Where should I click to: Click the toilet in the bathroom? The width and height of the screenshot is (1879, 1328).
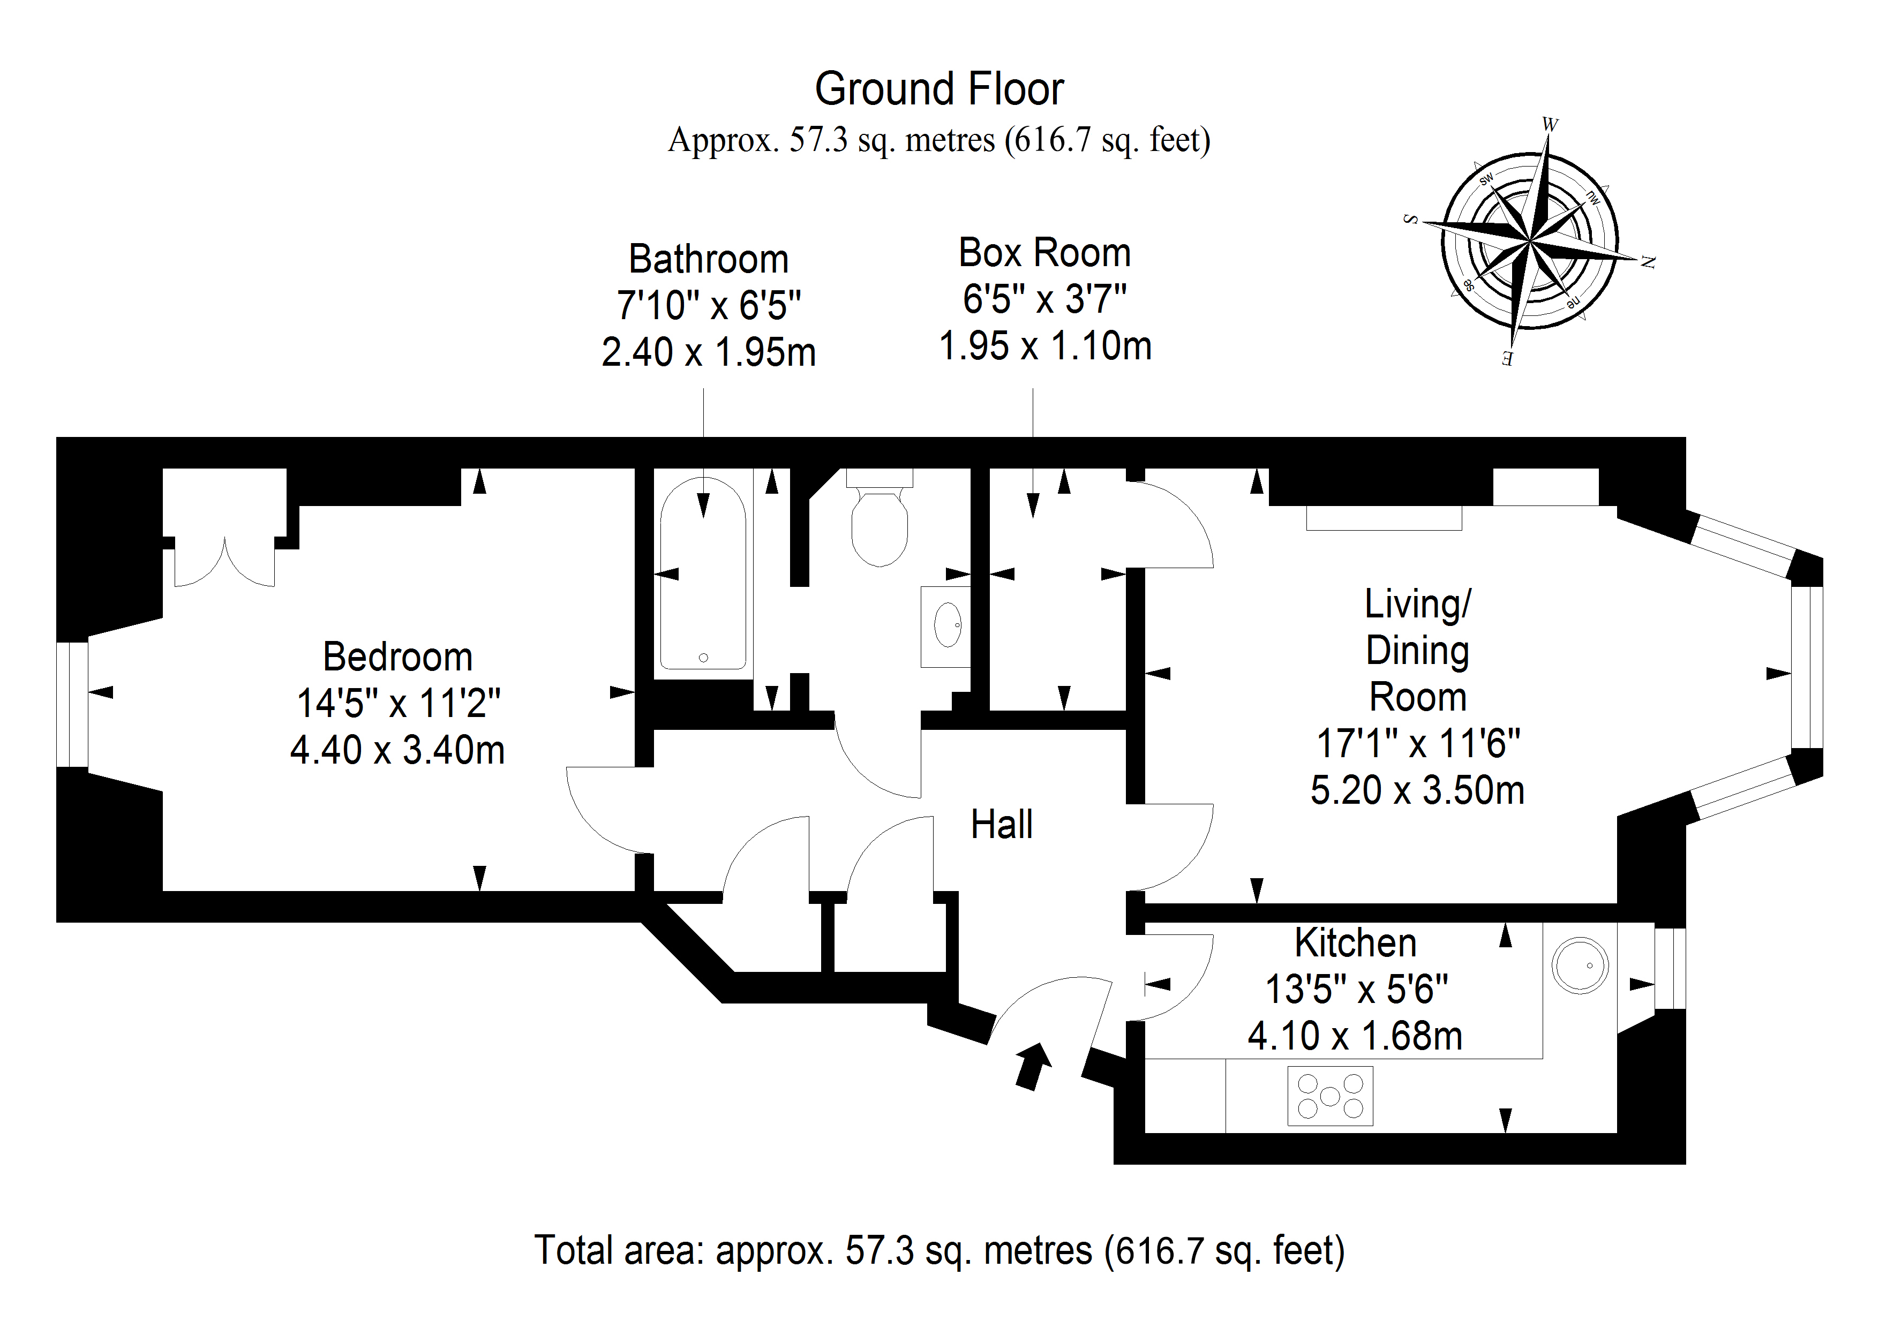[880, 524]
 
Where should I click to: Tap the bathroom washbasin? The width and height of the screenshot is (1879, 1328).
[947, 626]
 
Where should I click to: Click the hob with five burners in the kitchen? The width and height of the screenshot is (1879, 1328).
[1330, 1096]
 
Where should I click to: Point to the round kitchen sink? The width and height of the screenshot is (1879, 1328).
[1580, 965]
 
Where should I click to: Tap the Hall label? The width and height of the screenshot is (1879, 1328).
[1001, 824]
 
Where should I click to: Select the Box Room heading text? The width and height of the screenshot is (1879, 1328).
[1044, 253]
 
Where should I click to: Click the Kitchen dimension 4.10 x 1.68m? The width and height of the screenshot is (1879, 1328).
[1355, 1036]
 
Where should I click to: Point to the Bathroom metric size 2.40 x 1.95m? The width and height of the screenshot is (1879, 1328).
[708, 353]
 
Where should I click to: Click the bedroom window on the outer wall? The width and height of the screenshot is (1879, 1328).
[72, 705]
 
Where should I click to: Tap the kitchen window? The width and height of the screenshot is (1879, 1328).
[1670, 968]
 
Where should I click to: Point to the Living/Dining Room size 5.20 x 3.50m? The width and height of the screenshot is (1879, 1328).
[1417, 790]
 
